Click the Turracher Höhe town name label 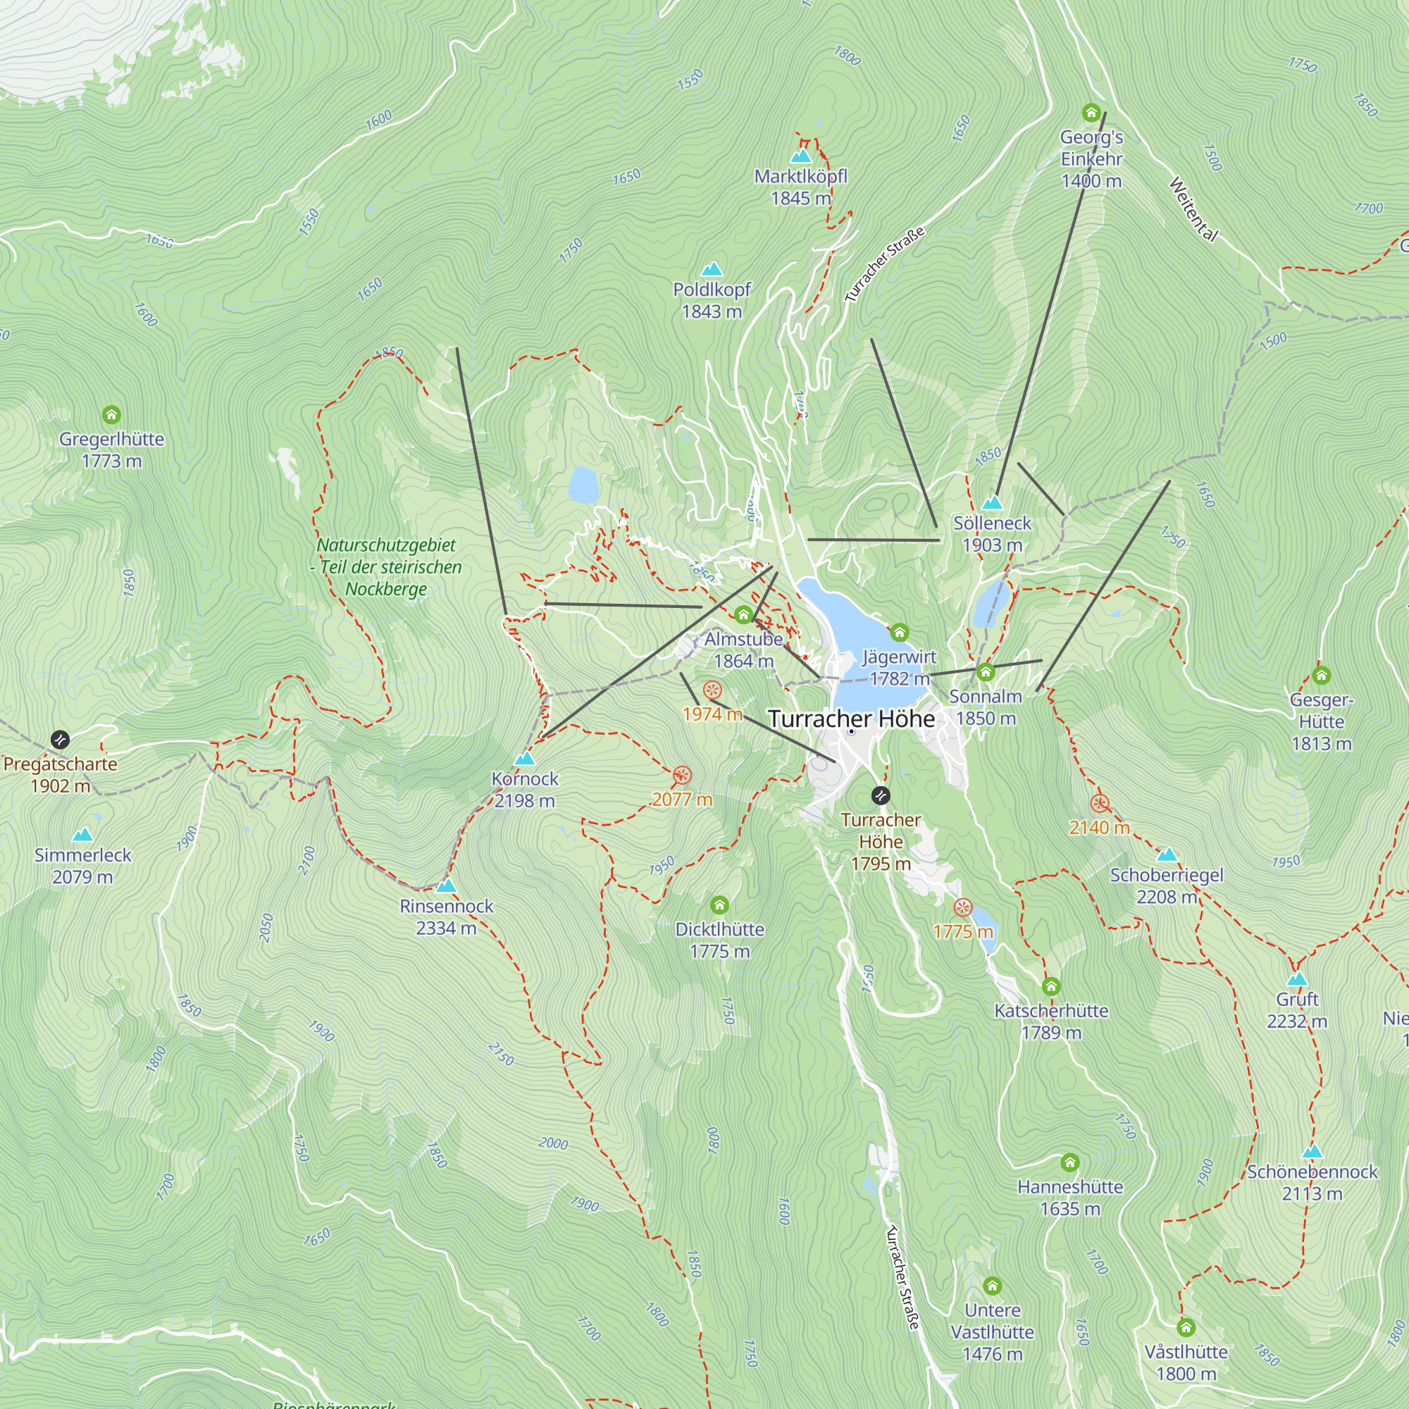pos(851,719)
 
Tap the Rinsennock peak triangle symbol pos(447,886)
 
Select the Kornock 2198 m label pos(524,790)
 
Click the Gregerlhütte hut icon pos(111,415)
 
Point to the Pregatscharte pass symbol pos(60,740)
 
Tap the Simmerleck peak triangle pos(82,834)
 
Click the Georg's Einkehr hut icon pos(1091,112)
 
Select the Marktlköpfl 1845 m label pos(801,187)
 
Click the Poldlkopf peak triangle pos(711,269)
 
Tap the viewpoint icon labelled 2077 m pos(682,775)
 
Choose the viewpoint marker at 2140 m pos(1100,804)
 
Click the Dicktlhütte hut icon pos(719,905)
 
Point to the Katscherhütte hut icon pos(1050,987)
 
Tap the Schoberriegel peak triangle pos(1167,854)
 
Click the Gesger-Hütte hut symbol pos(1321,676)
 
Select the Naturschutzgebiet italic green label pos(386,566)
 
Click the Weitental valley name pos(1193,209)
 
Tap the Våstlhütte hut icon pos(1186,1327)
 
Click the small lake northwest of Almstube pos(583,485)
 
